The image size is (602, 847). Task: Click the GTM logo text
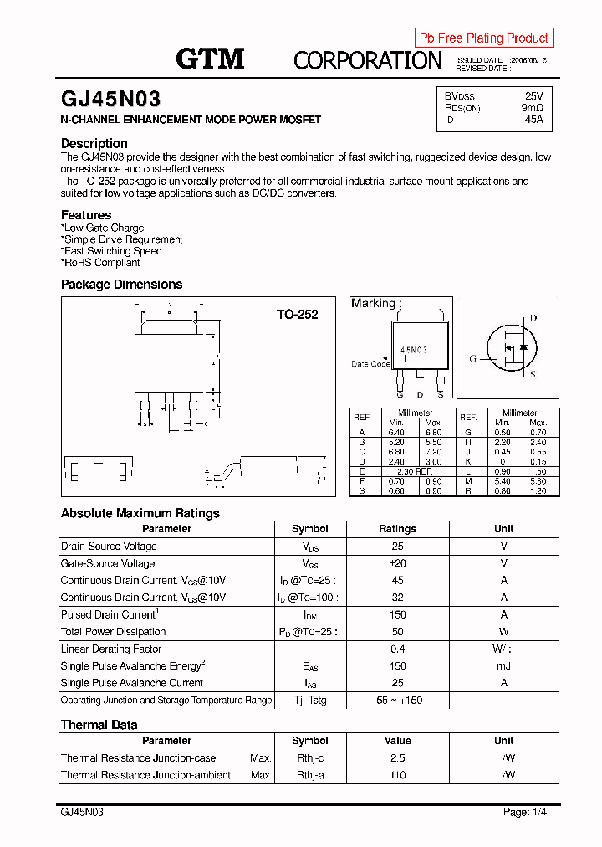210,59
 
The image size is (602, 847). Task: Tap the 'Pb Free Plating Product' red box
483,38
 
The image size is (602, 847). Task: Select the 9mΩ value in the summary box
533,108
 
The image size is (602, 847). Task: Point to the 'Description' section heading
94,143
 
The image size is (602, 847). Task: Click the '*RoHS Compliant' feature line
100,263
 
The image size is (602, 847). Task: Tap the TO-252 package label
298,315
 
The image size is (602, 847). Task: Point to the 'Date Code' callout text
370,364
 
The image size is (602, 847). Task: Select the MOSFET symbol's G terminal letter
472,358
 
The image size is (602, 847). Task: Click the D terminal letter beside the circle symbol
533,318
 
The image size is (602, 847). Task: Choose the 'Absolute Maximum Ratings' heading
140,513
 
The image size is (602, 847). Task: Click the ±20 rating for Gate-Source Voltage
397,563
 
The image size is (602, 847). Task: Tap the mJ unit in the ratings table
503,666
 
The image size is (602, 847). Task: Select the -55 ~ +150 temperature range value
397,700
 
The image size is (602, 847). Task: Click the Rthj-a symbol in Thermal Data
309,775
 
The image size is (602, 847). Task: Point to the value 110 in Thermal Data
397,775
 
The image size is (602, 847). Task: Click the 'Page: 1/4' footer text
525,812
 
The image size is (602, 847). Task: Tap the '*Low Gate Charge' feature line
103,228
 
